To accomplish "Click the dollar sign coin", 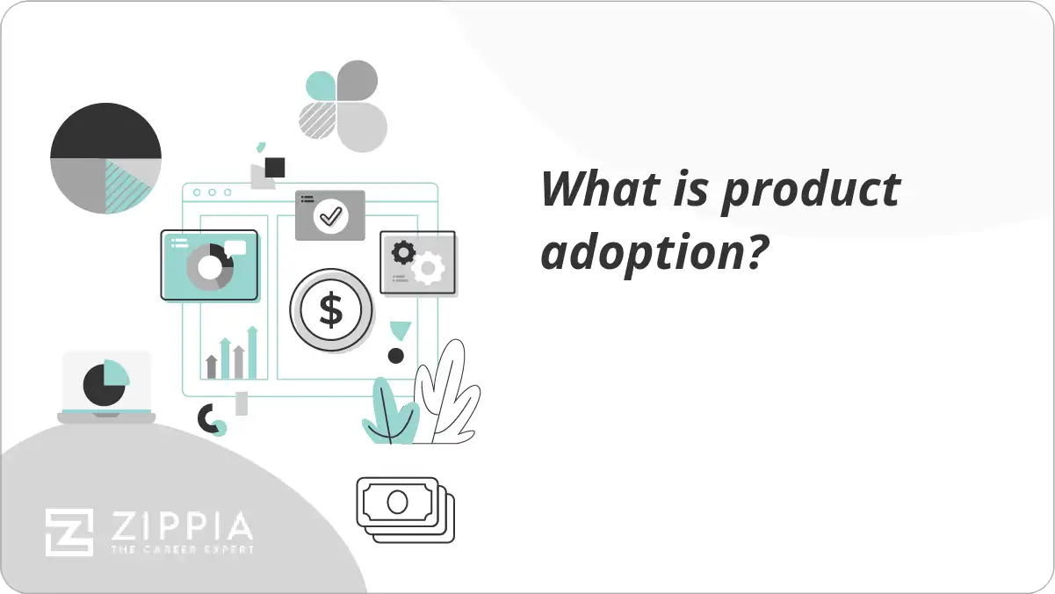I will [x=330, y=310].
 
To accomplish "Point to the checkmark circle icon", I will [x=330, y=215].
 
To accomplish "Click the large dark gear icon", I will [x=403, y=253].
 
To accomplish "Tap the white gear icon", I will [x=428, y=268].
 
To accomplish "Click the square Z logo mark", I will [x=69, y=532].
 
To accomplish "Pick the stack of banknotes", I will [x=405, y=509].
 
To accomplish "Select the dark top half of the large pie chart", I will [x=105, y=132].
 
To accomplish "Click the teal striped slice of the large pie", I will [x=126, y=185].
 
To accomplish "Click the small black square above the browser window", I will [x=275, y=167].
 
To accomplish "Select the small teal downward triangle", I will [x=401, y=330].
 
